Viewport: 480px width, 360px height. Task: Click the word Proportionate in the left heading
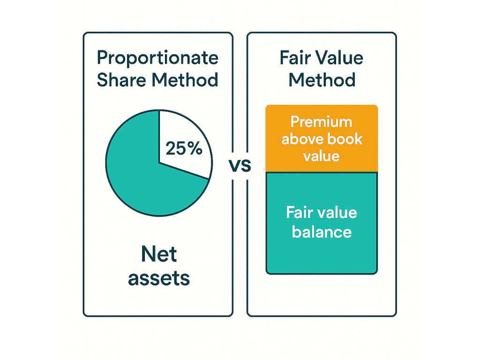pos(157,58)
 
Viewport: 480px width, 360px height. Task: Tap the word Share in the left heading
pos(121,80)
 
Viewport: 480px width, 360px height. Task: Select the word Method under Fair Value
pos(322,80)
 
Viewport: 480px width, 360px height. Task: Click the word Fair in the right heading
pos(295,58)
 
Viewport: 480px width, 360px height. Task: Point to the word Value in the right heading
pos(339,58)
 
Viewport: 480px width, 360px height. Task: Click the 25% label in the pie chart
pos(184,148)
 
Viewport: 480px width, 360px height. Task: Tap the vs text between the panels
pos(240,165)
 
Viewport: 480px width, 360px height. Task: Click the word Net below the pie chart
pos(159,254)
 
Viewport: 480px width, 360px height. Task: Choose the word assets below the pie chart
pos(159,278)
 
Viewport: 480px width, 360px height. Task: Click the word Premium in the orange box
pos(322,122)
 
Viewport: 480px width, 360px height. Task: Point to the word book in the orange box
pos(345,139)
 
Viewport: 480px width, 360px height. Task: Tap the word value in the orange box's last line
pos(322,156)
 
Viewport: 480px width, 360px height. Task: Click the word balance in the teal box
pos(322,232)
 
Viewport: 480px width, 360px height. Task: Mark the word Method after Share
pos(185,80)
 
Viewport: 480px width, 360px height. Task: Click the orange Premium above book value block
pos(322,138)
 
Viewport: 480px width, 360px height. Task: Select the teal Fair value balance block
pos(322,223)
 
